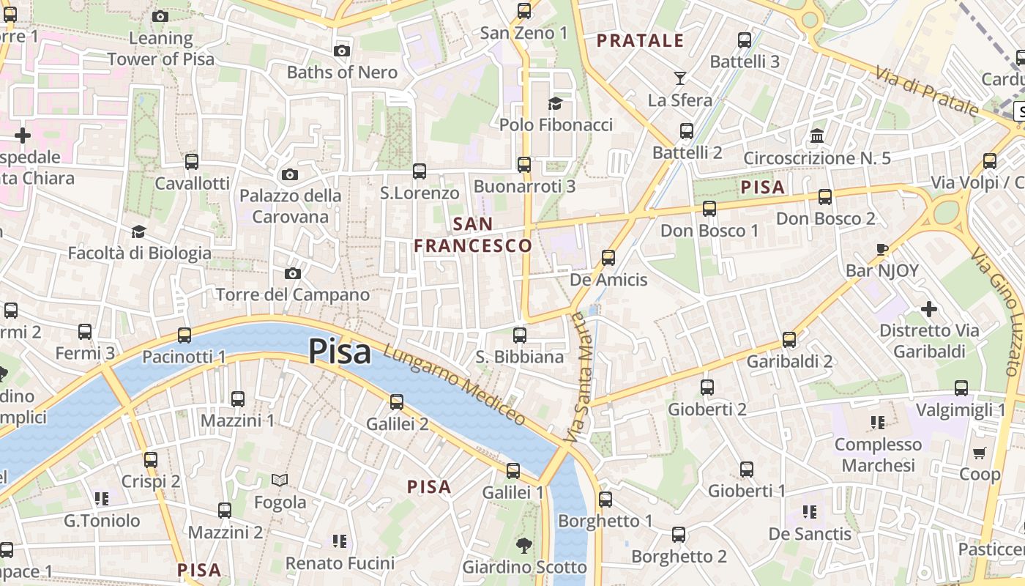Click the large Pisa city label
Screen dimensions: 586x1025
(340, 352)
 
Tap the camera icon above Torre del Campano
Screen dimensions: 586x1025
(293, 273)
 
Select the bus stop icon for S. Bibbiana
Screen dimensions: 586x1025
(520, 335)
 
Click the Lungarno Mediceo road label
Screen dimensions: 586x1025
(454, 385)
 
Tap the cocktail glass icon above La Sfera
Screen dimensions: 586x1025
(680, 78)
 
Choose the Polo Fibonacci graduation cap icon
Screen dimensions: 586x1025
(555, 103)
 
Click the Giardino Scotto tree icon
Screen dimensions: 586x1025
(523, 545)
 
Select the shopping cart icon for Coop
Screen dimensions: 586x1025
(980, 453)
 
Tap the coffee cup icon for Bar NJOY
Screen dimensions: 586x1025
(882, 249)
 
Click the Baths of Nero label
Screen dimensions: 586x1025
(342, 73)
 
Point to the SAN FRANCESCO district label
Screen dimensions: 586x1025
(473, 234)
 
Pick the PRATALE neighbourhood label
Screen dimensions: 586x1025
(641, 41)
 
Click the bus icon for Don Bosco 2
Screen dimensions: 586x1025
(825, 196)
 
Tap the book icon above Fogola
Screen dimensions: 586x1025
(280, 481)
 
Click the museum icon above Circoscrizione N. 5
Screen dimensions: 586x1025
(816, 136)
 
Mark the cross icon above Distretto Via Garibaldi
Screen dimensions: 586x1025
(929, 309)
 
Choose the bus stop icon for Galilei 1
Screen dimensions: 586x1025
(513, 470)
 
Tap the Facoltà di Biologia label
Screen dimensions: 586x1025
(139, 253)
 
